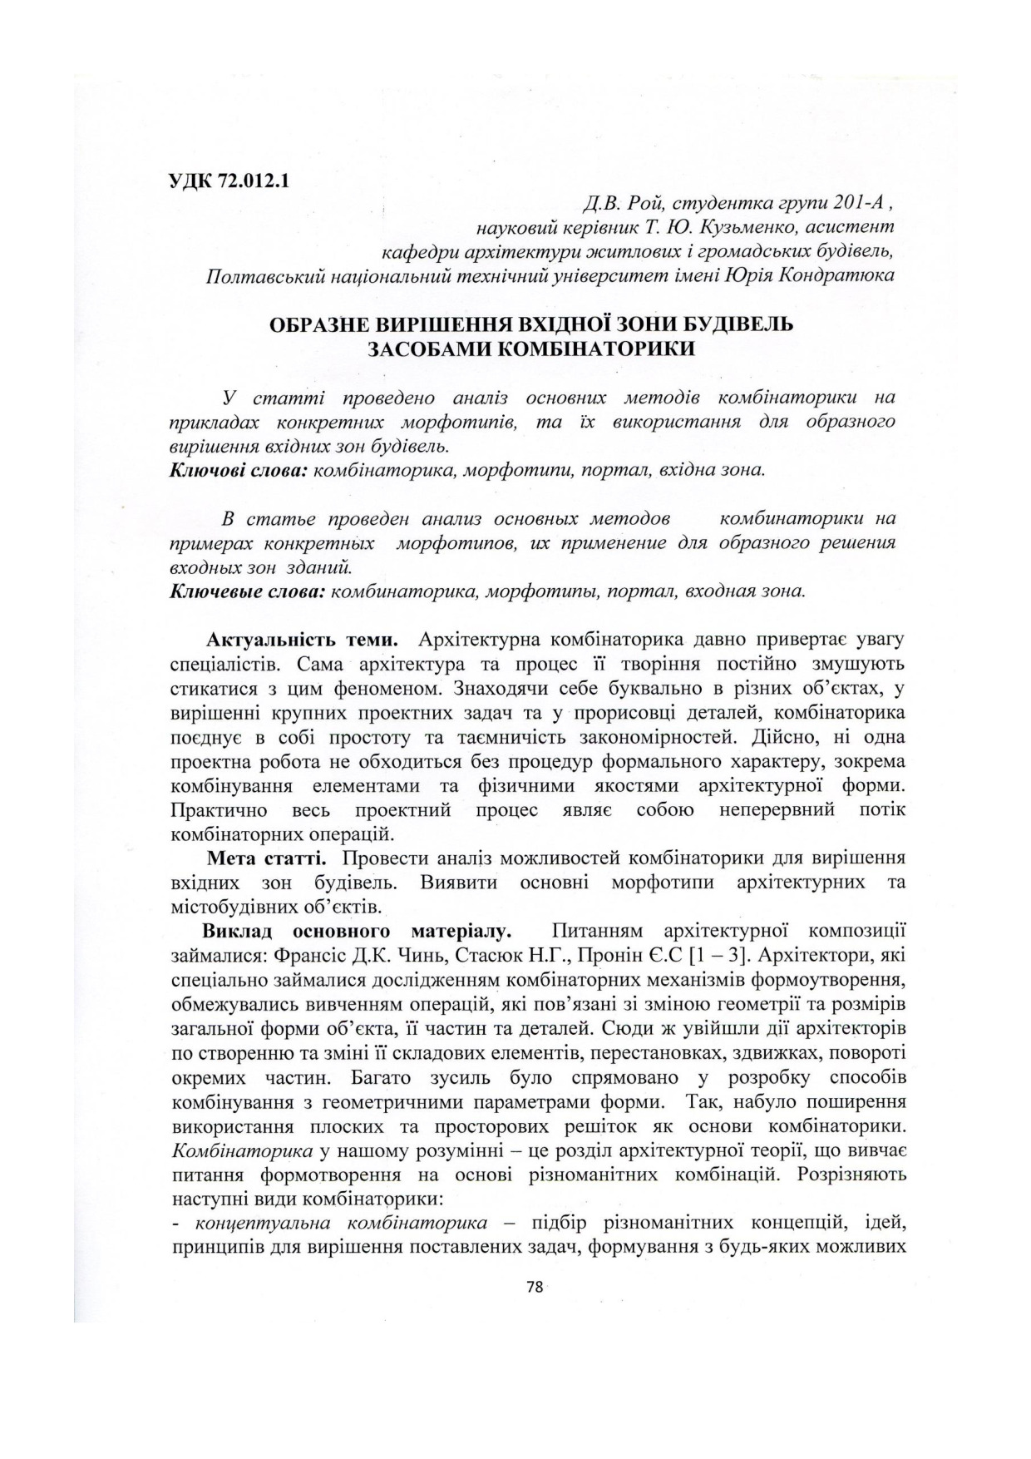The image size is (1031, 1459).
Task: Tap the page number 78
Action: point(535,1287)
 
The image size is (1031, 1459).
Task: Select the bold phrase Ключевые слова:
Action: point(247,592)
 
